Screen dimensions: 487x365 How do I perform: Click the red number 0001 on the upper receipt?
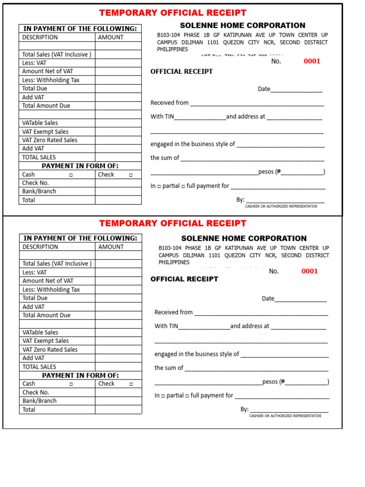(x=312, y=61)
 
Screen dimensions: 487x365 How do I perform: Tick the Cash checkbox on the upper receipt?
(x=70, y=175)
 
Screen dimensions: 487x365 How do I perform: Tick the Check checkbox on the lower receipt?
(x=131, y=384)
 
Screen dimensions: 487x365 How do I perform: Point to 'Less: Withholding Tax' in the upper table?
(x=51, y=80)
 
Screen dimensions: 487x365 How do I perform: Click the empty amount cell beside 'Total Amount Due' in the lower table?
(x=118, y=315)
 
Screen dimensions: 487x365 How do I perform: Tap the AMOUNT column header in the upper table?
(x=111, y=37)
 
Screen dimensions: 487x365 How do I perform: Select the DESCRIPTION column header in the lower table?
(x=40, y=247)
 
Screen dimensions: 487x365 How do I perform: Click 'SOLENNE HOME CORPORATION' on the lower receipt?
(x=244, y=238)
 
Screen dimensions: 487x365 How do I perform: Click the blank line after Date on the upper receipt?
(x=297, y=89)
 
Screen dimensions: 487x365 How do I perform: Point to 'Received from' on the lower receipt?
(x=173, y=312)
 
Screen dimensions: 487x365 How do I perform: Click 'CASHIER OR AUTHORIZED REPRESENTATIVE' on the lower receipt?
(x=285, y=416)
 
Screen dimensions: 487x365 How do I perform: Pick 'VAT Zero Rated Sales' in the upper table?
(x=49, y=140)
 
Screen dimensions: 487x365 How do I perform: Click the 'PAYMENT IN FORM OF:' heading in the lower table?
(x=80, y=375)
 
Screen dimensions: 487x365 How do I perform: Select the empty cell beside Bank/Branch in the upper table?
(x=118, y=192)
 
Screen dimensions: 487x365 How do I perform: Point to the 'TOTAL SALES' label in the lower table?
(x=39, y=367)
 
